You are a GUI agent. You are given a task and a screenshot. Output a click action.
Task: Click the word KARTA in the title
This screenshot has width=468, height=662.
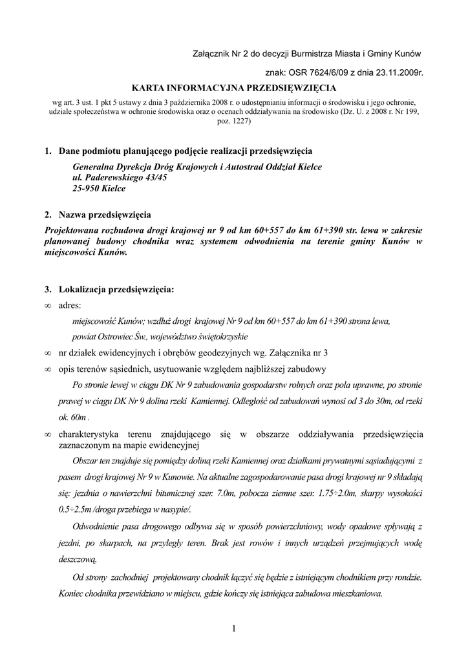pyautogui.click(x=148, y=87)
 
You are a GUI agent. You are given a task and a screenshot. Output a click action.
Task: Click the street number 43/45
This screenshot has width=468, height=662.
pyautogui.click(x=151, y=178)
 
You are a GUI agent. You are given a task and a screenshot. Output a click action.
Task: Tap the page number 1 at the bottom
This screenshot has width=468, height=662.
pyautogui.click(x=233, y=628)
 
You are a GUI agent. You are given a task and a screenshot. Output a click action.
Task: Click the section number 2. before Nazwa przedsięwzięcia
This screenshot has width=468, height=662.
pyautogui.click(x=48, y=215)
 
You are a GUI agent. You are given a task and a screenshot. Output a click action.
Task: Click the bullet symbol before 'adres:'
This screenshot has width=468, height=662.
pyautogui.click(x=48, y=306)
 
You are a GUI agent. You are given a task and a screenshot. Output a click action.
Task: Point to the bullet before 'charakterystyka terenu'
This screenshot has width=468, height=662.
pyautogui.click(x=48, y=434)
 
